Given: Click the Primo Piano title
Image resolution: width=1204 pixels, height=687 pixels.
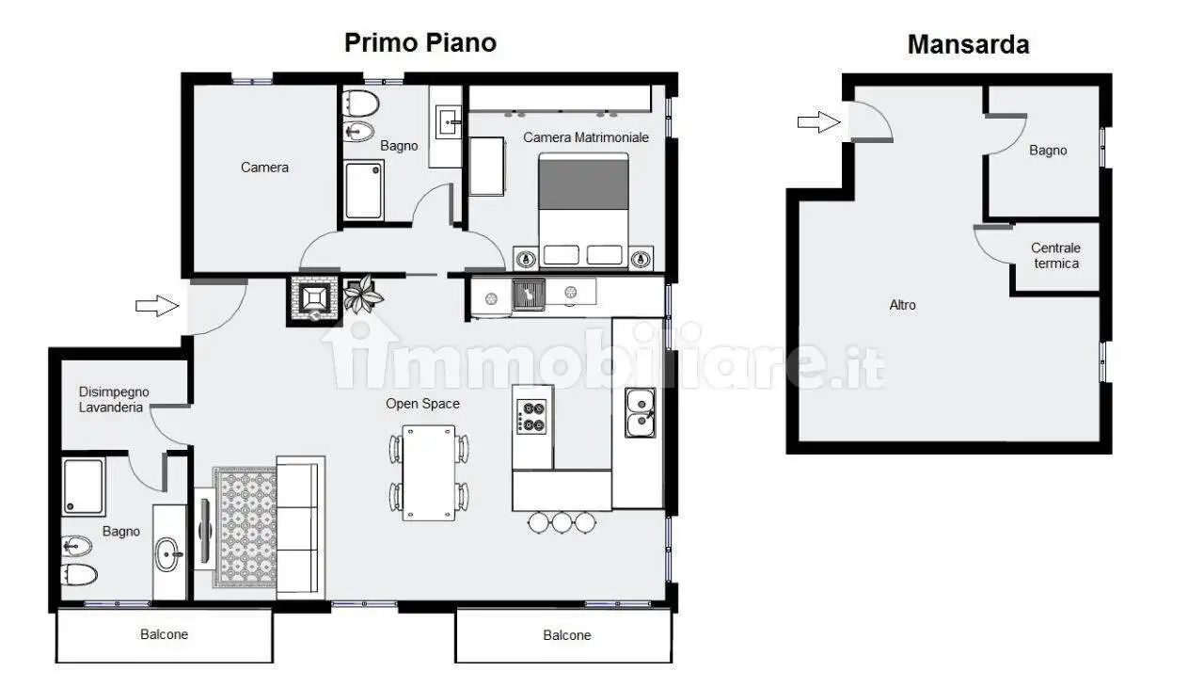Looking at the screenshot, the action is [x=420, y=43].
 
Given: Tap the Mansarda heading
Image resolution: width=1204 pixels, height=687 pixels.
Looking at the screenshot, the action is [x=968, y=44].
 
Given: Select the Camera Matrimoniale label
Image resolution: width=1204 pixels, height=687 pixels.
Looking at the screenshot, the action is [x=586, y=137].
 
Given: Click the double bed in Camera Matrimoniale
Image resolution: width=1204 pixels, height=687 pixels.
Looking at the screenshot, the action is [x=584, y=210].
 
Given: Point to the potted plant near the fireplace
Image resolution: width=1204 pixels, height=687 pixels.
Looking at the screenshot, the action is [x=363, y=294].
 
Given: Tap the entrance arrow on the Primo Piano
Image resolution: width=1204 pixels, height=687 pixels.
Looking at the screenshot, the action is [x=157, y=306].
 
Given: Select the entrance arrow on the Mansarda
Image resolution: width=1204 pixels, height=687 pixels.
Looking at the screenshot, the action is [x=818, y=122].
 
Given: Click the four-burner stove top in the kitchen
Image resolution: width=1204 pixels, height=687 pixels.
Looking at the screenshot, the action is [x=531, y=417].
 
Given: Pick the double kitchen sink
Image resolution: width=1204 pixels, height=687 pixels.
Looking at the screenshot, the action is [x=641, y=412].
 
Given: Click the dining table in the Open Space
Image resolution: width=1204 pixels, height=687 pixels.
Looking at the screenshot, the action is [x=428, y=472].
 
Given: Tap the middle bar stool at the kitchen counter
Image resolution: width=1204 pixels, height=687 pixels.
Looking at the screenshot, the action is [x=562, y=522].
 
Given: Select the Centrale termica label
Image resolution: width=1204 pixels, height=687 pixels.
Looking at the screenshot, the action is [x=1055, y=256].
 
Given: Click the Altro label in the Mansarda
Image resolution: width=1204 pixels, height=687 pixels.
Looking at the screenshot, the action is [x=902, y=305].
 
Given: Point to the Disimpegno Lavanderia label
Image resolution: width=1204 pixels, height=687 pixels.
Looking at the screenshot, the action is [x=114, y=399].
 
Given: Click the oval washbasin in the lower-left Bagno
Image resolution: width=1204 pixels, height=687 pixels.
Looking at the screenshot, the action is [x=168, y=554].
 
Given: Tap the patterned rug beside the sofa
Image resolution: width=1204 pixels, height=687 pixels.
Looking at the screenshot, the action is [x=246, y=527].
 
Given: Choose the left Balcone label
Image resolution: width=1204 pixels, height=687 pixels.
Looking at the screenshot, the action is [x=164, y=634].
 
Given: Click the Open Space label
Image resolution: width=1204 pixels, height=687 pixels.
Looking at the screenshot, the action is [x=422, y=404].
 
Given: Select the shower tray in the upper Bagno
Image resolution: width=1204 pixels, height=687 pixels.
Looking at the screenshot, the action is [x=364, y=191].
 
